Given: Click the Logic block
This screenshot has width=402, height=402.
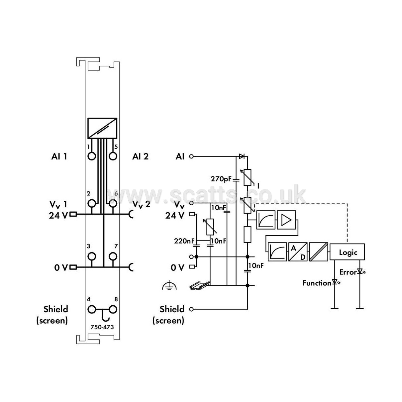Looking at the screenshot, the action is pos(347,251).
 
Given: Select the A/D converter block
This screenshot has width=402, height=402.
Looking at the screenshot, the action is pos(298,251).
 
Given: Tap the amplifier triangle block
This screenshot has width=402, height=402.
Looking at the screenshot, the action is pos(286,220).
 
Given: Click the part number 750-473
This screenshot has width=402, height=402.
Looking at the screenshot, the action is pos(102,327).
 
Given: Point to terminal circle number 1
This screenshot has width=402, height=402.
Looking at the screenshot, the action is pos(92,156).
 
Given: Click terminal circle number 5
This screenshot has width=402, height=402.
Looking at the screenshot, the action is pos(113,156).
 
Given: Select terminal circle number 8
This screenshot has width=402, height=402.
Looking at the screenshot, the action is pos(113,309).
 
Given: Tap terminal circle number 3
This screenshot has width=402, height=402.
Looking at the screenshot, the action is pos(92,256).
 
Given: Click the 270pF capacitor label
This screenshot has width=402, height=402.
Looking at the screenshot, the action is pos(221,179).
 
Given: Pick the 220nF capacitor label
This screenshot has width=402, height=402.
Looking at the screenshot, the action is pos(184,241).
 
